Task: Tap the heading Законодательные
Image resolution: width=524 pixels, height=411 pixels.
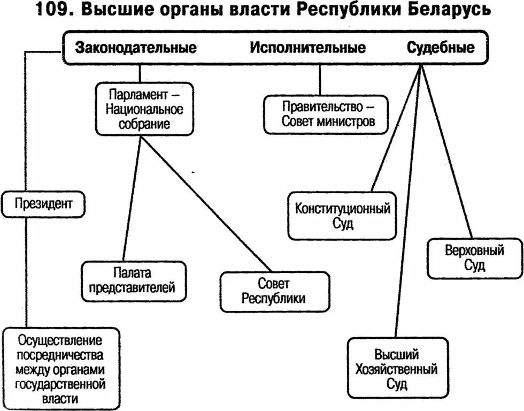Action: pyautogui.click(x=136, y=48)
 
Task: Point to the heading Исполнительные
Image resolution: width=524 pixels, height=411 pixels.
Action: pyautogui.click(x=308, y=48)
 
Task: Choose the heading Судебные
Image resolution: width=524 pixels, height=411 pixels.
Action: pyautogui.click(x=441, y=48)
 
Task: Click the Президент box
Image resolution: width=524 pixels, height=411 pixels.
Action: pyautogui.click(x=43, y=203)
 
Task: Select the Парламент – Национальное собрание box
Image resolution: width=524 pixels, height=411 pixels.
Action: pyautogui.click(x=144, y=109)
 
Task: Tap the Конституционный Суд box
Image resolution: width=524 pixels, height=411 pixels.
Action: pyautogui.click(x=342, y=216)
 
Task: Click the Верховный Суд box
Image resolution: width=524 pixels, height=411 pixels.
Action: pyautogui.click(x=474, y=258)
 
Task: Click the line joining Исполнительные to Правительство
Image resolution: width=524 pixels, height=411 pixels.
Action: pyautogui.click(x=320, y=79)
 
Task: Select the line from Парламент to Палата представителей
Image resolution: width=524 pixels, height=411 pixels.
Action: pyautogui.click(x=131, y=198)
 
